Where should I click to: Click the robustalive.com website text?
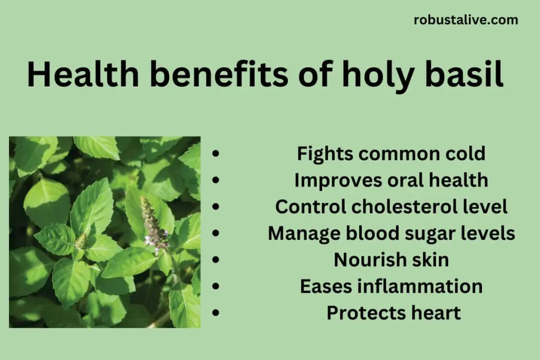pyautogui.click(x=466, y=21)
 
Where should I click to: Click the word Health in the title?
pyautogui.click(x=83, y=75)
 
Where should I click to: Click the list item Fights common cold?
pyautogui.click(x=391, y=154)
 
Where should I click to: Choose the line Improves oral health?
pyautogui.click(x=391, y=180)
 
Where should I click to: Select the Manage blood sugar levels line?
pyautogui.click(x=391, y=233)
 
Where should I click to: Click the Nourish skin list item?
pyautogui.click(x=391, y=260)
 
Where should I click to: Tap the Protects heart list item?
pyautogui.click(x=393, y=313)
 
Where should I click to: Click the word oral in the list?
pyautogui.click(x=403, y=180)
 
